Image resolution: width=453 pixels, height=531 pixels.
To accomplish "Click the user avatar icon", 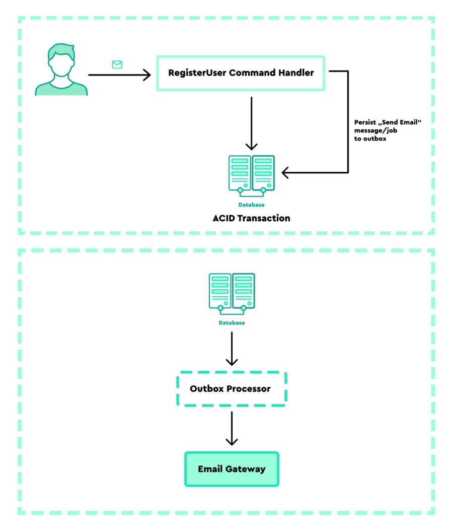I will click(61, 71).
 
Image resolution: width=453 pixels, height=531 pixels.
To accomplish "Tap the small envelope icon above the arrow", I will click(117, 64).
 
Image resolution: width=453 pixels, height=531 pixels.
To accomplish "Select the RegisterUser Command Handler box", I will click(241, 73).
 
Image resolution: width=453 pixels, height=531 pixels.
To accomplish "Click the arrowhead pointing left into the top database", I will click(286, 173).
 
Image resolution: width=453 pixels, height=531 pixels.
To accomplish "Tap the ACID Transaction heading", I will click(251, 218).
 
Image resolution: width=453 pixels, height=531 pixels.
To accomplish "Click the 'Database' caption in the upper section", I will click(251, 205).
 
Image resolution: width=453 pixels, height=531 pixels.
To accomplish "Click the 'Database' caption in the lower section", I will click(232, 323).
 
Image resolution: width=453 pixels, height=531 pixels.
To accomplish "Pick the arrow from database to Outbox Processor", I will click(232, 348).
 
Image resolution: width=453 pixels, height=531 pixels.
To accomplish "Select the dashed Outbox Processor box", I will click(231, 389).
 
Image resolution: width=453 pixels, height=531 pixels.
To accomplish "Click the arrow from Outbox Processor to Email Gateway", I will click(232, 428).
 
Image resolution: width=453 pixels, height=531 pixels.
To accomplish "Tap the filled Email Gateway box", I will click(232, 469).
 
